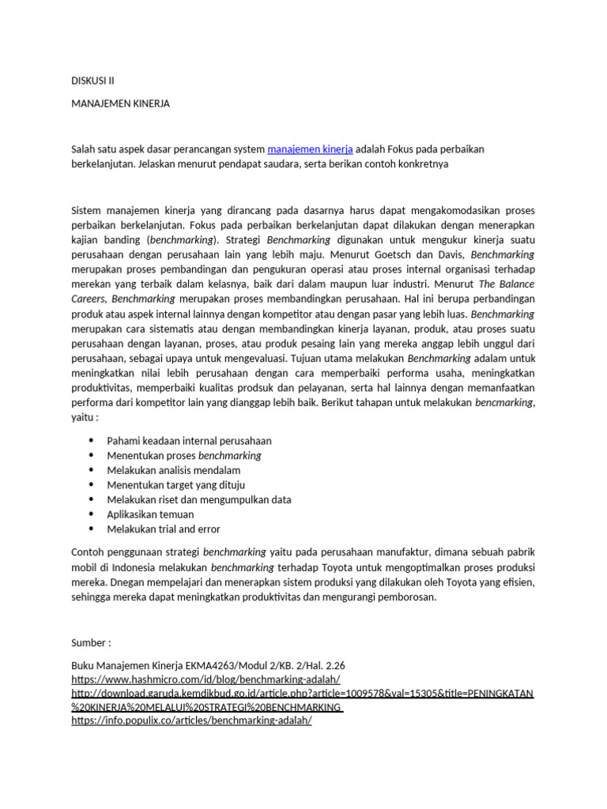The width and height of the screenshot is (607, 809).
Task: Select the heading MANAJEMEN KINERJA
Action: (x=120, y=103)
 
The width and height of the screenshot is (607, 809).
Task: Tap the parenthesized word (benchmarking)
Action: (x=183, y=239)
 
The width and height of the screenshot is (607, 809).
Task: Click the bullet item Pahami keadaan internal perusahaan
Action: (x=189, y=441)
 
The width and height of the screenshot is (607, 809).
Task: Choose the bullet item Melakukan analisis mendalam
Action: (x=173, y=471)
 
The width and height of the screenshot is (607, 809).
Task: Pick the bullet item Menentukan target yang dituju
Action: (x=175, y=485)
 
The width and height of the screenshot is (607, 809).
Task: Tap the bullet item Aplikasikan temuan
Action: (x=150, y=514)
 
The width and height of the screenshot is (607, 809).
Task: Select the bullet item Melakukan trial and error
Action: (x=164, y=529)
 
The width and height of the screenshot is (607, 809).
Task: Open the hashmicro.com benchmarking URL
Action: (x=205, y=679)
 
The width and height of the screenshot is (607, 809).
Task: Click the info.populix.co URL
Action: (x=191, y=721)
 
